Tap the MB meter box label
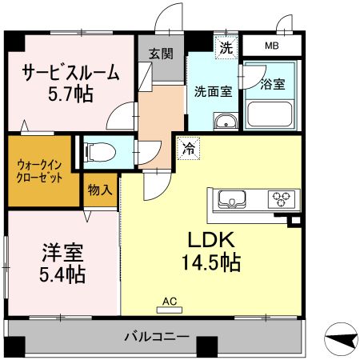[273, 46]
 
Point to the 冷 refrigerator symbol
[187, 148]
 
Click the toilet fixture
[99, 150]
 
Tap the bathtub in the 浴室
[271, 114]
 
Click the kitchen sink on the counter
[231, 198]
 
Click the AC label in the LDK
[170, 302]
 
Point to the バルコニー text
[157, 337]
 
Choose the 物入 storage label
[101, 190]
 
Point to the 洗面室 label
[214, 91]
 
